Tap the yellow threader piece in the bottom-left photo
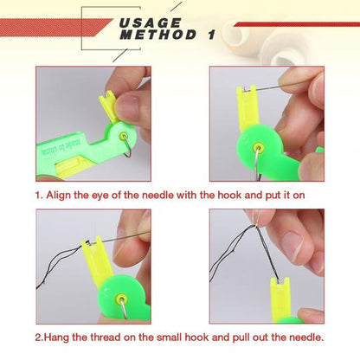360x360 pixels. click(97, 255)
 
